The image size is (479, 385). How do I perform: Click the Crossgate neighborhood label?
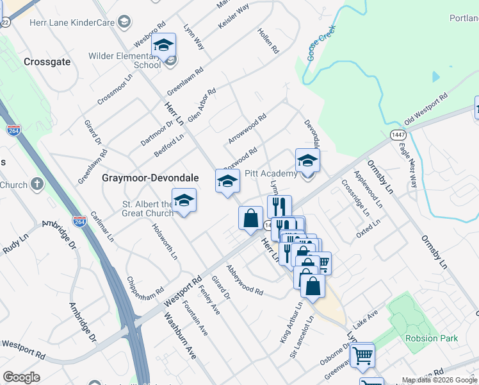coord(45,62)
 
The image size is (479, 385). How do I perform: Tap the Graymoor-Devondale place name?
coord(150,178)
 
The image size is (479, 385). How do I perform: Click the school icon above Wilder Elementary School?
coord(163,46)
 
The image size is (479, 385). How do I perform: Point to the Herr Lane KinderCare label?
coord(72,22)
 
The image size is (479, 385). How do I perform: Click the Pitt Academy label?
coord(271,174)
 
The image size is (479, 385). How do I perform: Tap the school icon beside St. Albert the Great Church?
coord(184,201)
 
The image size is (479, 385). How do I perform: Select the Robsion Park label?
coord(430,338)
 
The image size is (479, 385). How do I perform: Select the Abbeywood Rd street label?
coord(244,280)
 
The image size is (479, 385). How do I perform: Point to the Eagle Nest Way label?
coord(408,166)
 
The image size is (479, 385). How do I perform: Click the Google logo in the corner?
coord(22,377)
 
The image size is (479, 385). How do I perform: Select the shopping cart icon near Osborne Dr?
coord(362,355)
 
